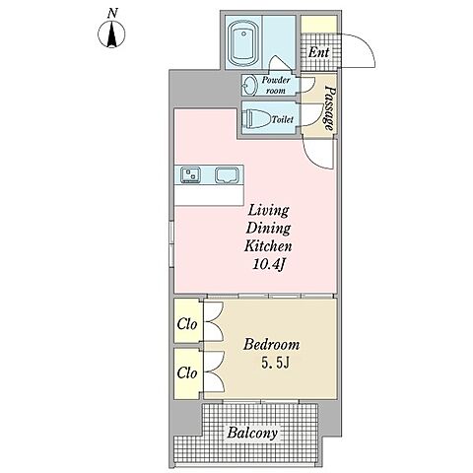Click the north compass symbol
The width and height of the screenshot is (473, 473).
tap(111, 34)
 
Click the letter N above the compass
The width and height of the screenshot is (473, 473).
tap(112, 13)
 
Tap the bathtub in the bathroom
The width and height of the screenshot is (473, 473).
tap(242, 43)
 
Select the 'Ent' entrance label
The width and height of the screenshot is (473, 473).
tap(318, 52)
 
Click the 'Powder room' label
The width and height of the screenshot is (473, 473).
tap(276, 85)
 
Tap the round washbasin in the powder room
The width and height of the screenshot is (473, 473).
tap(251, 85)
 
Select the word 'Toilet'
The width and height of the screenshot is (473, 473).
tap(282, 119)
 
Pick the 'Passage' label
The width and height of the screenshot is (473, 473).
tap(329, 108)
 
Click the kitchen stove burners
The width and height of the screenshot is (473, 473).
tap(191, 174)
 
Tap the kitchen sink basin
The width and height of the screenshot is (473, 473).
tap(227, 174)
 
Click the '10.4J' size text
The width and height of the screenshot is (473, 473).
tap(268, 264)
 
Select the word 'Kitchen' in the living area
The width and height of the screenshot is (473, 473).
tap(268, 246)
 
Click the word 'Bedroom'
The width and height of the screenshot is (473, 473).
tap(271, 345)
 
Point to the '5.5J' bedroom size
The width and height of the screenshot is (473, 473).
tap(275, 363)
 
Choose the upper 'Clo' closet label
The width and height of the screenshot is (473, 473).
tap(187, 324)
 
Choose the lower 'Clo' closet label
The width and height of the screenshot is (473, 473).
tap(187, 372)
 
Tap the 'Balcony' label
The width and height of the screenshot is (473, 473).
tap(252, 433)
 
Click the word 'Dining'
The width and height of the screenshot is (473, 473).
tap(268, 229)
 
